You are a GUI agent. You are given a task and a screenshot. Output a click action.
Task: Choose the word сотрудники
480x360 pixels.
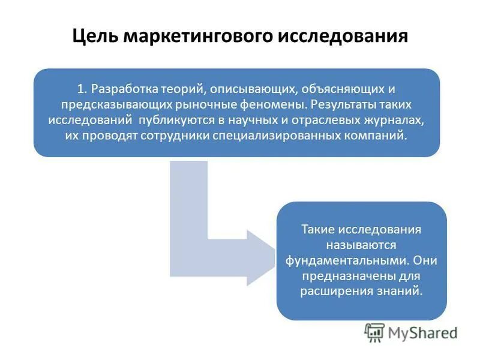(178, 136)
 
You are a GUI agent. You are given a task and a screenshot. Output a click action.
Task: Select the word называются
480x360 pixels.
(361, 245)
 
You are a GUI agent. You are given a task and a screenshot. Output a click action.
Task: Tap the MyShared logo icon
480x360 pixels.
(374, 332)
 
